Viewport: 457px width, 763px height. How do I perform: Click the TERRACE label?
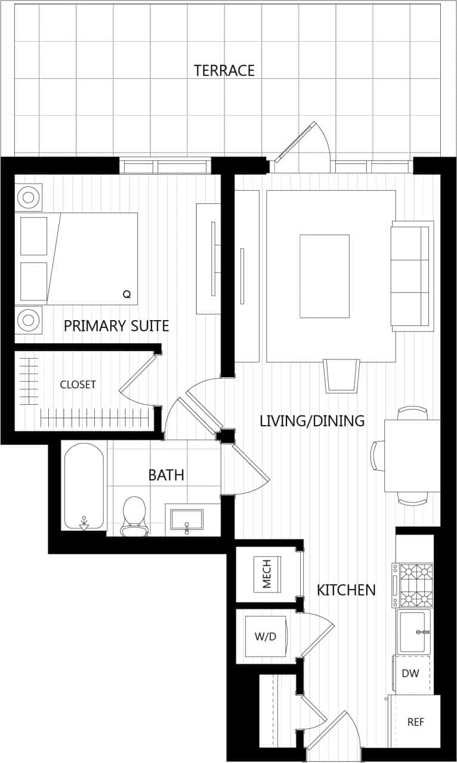click(224, 70)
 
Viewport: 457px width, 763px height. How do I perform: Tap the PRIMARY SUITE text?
click(116, 326)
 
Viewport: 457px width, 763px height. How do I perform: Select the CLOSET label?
click(78, 385)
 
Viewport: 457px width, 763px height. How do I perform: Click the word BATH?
click(166, 475)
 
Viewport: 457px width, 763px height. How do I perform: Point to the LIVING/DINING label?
click(312, 421)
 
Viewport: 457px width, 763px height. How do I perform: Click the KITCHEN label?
click(346, 590)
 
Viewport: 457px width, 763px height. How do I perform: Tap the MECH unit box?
click(267, 574)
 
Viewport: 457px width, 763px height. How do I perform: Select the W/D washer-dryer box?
click(266, 637)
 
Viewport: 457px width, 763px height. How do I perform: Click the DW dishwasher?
click(410, 674)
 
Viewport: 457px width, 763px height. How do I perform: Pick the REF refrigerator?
click(415, 722)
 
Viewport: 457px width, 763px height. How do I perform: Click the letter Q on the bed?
click(126, 294)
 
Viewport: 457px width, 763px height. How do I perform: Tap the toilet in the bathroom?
click(134, 514)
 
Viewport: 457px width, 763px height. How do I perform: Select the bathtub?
click(84, 486)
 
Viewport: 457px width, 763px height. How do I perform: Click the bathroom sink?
click(187, 519)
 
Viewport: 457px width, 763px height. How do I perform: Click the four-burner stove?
click(415, 585)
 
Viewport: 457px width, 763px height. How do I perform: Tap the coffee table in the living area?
click(324, 276)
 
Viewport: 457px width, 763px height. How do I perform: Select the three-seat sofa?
click(412, 276)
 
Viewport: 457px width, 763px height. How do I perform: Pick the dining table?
click(412, 455)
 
